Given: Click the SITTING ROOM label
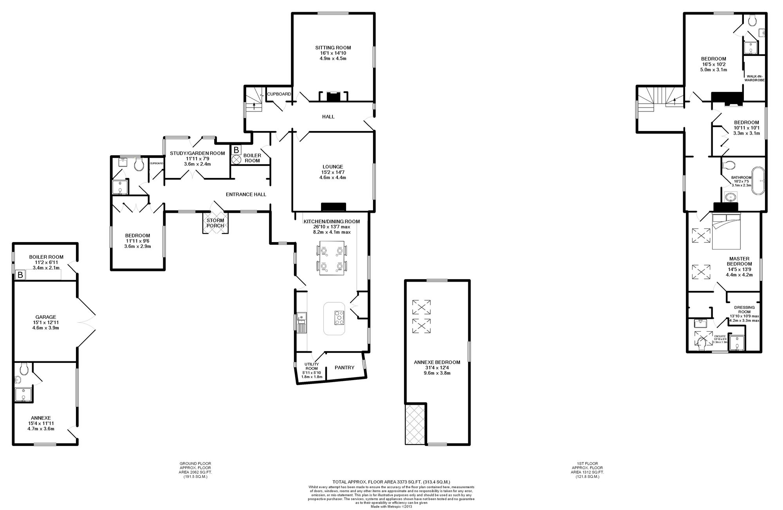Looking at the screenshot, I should tap(333, 48).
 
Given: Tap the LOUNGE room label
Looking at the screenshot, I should tap(332, 167).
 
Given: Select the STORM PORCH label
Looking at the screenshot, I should tap(215, 223).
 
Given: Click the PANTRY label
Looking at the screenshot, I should tap(345, 368).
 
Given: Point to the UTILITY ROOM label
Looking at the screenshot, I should tap(311, 366).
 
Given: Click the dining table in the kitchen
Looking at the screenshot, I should tap(332, 258).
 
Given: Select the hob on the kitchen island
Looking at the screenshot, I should tap(338, 318).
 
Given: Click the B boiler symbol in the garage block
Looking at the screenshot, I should tap(20, 275).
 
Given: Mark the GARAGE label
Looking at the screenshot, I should tap(46, 317).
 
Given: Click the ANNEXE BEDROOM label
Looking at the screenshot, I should tap(437, 362).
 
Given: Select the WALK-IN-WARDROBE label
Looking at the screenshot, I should tap(755, 78).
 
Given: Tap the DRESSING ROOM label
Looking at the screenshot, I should tap(744, 309).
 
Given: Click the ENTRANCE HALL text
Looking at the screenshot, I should tap(246, 194).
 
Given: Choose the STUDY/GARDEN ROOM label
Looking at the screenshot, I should tap(197, 153).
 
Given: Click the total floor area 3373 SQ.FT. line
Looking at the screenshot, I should tap(391, 482).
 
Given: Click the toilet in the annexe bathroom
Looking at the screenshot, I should tap(24, 368).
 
